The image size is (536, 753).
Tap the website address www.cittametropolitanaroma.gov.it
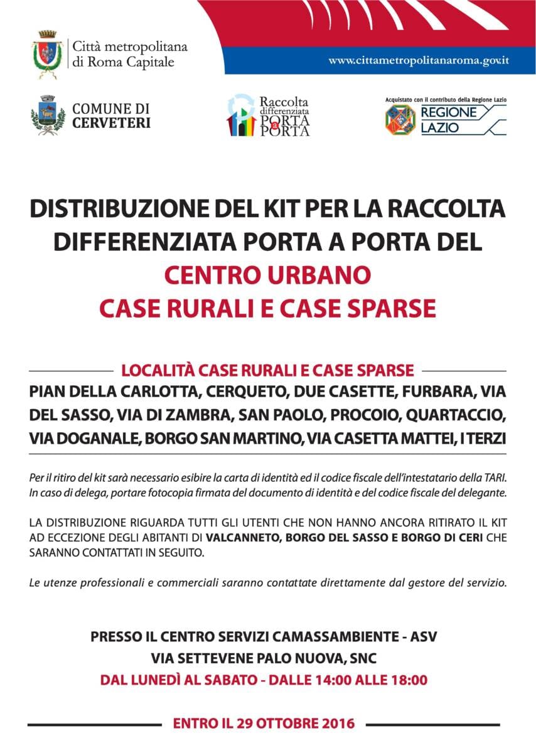(x=418, y=61)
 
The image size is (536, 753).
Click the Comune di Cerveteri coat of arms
(x=48, y=115)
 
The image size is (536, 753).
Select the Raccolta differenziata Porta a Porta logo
(x=268, y=115)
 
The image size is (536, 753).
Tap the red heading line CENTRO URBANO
(x=267, y=275)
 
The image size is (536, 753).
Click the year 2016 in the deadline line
(x=336, y=724)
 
